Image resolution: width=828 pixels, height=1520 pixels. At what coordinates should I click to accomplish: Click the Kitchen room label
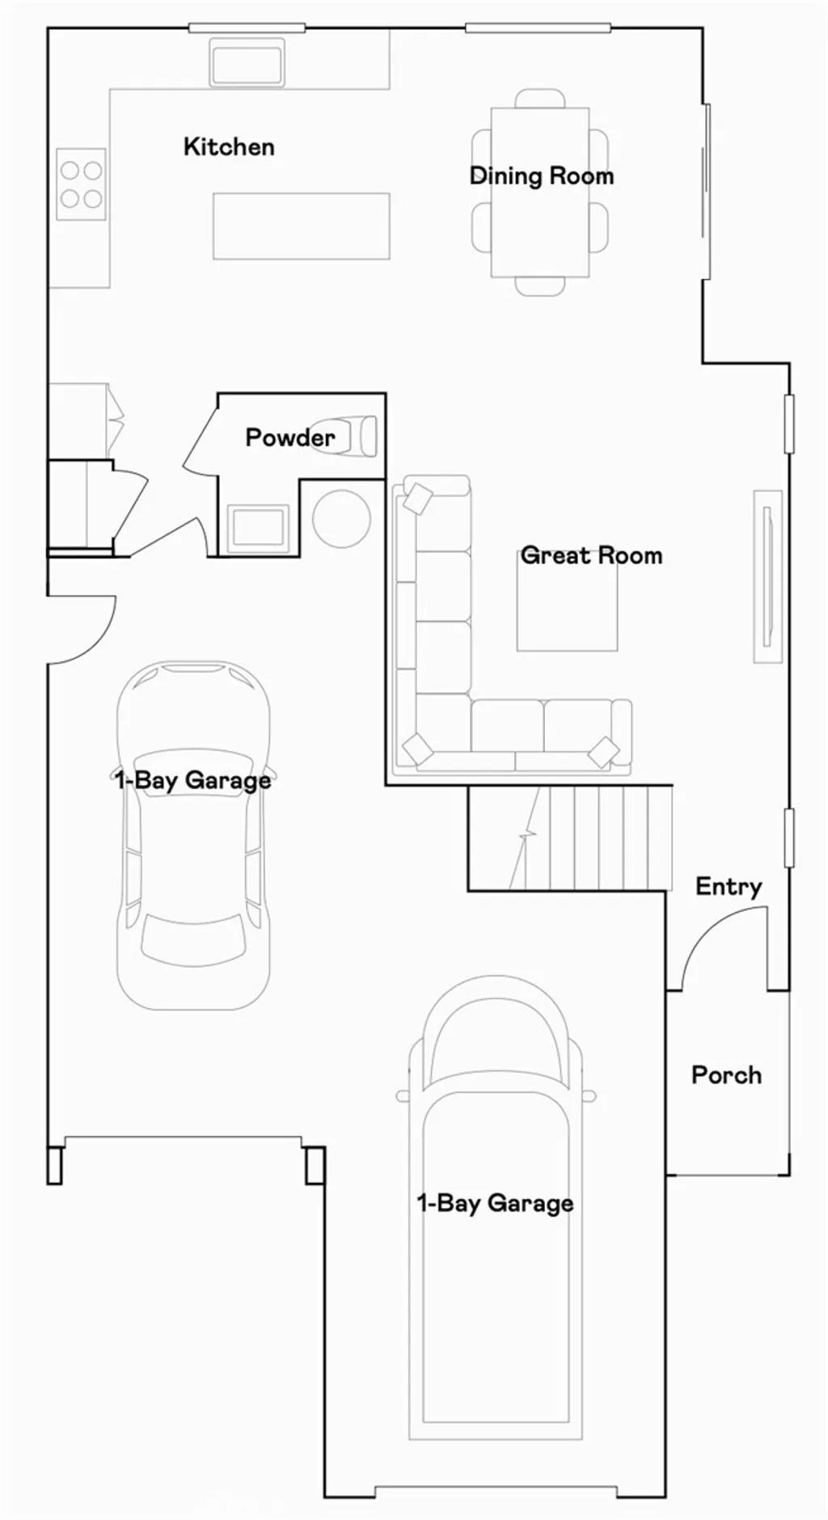tap(229, 146)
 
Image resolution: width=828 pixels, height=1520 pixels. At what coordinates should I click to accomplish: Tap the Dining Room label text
tap(541, 175)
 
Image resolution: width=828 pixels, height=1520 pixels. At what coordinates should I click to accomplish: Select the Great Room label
tap(591, 555)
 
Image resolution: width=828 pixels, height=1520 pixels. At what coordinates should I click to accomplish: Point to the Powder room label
tap(289, 437)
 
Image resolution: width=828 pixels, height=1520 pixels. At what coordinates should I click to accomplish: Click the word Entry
tap(729, 886)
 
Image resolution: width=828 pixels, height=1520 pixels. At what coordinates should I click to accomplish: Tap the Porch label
tap(726, 1075)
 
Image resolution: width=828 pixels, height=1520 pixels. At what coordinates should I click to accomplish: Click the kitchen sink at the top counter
tap(247, 62)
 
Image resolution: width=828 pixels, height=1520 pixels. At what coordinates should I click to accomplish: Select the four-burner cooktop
tap(81, 184)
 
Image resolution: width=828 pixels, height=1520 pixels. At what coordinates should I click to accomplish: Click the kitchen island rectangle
tap(301, 226)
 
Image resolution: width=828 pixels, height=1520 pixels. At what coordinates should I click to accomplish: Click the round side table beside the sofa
tap(341, 518)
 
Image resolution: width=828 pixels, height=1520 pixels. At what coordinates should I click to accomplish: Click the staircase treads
tap(598, 838)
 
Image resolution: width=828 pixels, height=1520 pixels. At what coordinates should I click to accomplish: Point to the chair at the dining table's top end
tap(540, 98)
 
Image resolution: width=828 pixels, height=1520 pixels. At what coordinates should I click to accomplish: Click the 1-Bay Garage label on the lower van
tap(495, 1203)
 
